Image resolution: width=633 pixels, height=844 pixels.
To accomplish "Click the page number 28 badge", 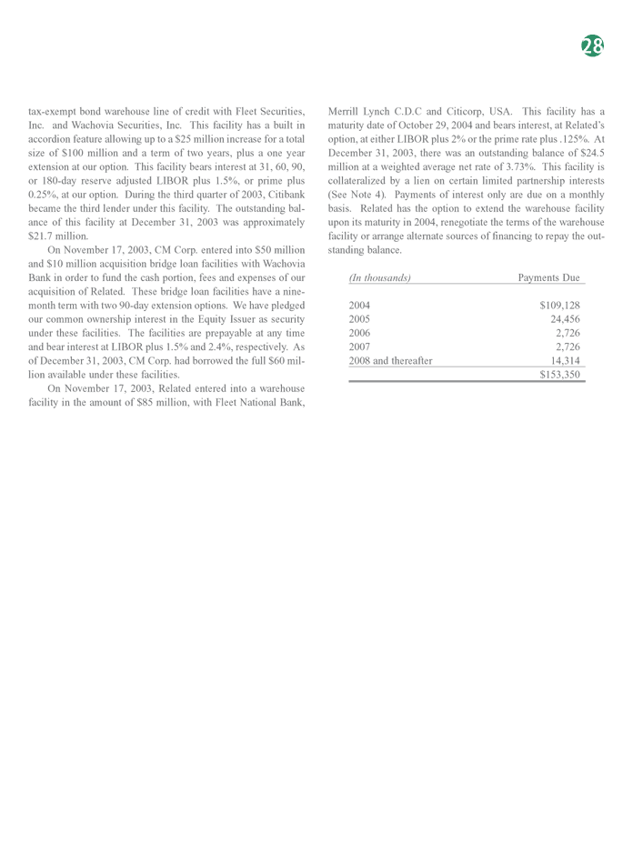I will click(x=592, y=46).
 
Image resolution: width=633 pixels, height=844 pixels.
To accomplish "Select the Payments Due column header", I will click(x=548, y=277).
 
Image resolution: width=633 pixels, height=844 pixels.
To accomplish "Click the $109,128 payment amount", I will click(x=559, y=306).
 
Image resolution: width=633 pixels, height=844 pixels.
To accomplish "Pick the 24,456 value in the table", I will click(x=565, y=319).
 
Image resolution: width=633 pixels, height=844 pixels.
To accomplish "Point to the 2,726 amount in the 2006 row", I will click(x=568, y=333).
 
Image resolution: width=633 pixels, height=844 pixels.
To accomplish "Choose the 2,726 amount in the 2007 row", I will click(x=568, y=347).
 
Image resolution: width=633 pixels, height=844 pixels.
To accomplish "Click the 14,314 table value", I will click(x=565, y=360).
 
